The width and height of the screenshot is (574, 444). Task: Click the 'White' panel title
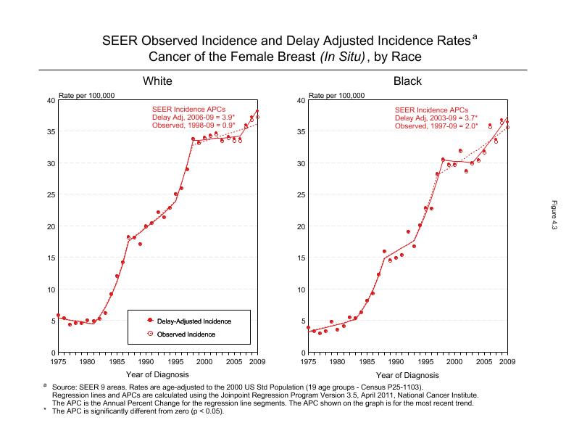tap(157, 81)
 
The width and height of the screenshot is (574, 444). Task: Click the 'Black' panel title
tap(407, 81)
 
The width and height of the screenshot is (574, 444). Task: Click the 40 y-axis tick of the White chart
tap(50, 100)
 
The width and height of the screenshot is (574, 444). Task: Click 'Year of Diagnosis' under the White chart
tap(157, 376)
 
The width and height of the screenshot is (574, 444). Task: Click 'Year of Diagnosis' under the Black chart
tap(407, 376)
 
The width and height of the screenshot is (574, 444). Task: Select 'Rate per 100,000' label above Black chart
tap(336, 95)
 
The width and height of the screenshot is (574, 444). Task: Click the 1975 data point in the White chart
tap(58, 316)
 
